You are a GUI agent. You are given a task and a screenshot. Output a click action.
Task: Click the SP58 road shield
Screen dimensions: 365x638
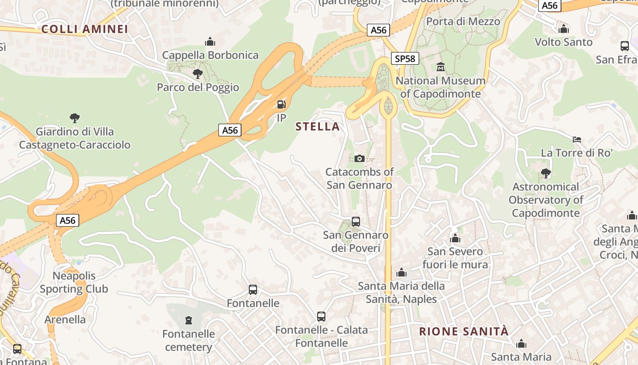[405, 58]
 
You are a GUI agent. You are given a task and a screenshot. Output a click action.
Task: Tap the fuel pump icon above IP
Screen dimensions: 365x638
[282, 104]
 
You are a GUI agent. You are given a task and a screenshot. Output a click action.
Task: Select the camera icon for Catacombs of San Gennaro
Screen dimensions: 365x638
[360, 158]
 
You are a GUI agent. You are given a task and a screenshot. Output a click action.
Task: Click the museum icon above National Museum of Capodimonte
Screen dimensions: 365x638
[441, 67]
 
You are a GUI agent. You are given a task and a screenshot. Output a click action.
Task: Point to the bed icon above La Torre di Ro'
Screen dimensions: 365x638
[577, 139]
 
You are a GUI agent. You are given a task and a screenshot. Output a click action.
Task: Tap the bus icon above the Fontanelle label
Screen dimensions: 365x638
[253, 290]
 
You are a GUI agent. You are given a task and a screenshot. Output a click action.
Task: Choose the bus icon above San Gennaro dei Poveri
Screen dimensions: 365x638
[356, 222]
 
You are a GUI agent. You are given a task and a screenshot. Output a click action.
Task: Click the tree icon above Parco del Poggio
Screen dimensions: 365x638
[198, 73]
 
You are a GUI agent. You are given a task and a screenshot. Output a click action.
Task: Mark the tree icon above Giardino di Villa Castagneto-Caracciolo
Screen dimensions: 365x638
[75, 118]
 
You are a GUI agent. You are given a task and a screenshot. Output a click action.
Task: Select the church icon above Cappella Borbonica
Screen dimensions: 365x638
[210, 42]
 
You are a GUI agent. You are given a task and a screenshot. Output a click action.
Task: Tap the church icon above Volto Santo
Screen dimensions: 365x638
[564, 29]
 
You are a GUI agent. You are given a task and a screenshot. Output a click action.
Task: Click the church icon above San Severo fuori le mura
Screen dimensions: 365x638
[455, 238]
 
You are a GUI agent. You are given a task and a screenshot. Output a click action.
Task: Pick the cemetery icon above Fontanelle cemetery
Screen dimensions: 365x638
[189, 320]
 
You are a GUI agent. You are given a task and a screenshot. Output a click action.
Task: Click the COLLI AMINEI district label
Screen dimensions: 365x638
[85, 29]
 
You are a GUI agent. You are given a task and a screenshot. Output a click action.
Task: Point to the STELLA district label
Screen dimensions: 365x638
[318, 127]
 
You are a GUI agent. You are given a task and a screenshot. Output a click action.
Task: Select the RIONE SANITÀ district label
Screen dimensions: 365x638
[463, 332]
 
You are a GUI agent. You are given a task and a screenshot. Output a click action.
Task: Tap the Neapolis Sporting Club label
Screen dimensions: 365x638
[74, 282]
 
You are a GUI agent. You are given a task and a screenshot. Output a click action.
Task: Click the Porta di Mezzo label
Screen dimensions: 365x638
[463, 21]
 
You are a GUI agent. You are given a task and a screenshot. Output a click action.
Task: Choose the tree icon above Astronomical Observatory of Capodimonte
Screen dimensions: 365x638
[545, 173]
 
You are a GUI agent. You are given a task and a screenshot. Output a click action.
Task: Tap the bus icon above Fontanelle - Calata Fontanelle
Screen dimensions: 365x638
[321, 316]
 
